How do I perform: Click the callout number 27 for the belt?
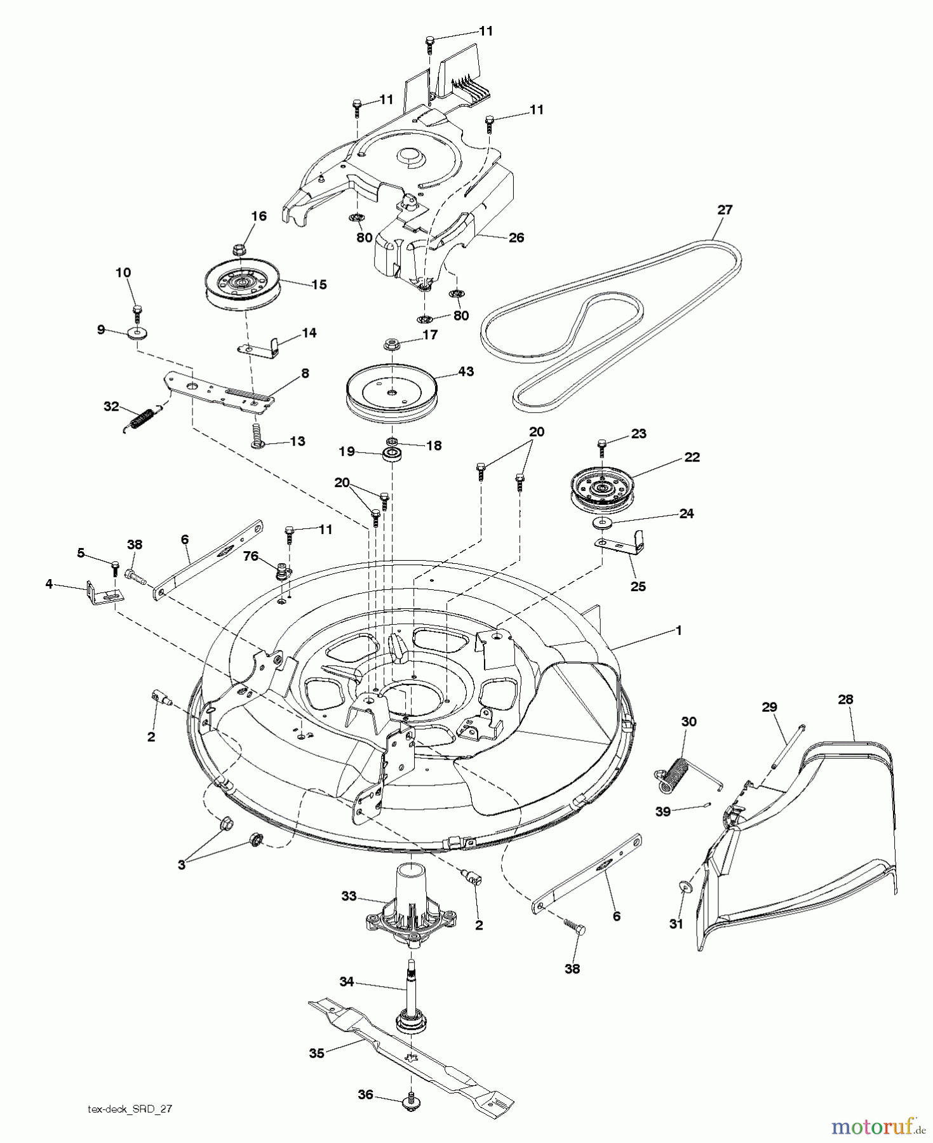tap(724, 210)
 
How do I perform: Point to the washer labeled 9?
tap(136, 333)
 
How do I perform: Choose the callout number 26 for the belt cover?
tap(516, 237)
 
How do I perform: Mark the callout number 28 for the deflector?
tap(845, 699)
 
